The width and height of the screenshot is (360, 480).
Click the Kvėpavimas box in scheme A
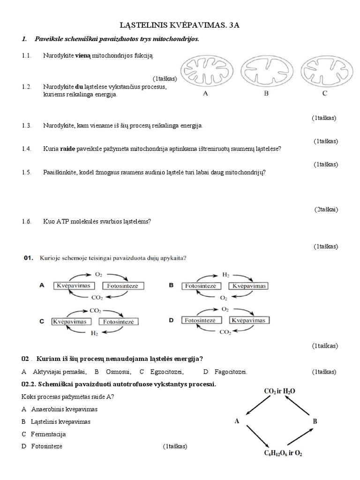[x=74, y=285]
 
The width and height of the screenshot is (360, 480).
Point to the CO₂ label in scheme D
[x=225, y=332]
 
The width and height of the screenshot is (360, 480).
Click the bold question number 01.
[x=29, y=257]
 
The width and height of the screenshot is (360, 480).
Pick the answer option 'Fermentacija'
[x=48, y=434]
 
